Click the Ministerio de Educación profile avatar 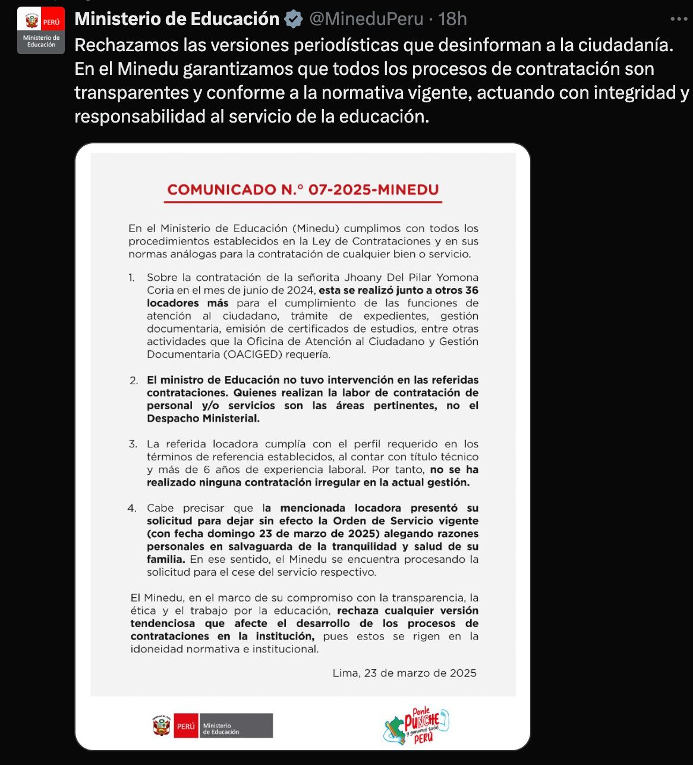pos(40,30)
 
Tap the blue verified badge pos(293,20)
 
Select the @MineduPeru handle pos(366,20)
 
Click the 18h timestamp pos(452,20)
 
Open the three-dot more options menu pos(678,20)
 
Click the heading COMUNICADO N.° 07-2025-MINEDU pos(303,190)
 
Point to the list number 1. pos(131,278)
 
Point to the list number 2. pos(133,381)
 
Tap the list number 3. pos(133,444)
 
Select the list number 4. pos(133,509)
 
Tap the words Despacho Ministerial pos(203,419)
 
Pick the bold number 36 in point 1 pos(471,291)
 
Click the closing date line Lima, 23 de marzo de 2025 pos(404,673)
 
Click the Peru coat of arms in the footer pos(161,726)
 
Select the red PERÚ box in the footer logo pos(185,726)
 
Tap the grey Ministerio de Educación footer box pos(236,726)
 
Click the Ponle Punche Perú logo pos(415,726)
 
